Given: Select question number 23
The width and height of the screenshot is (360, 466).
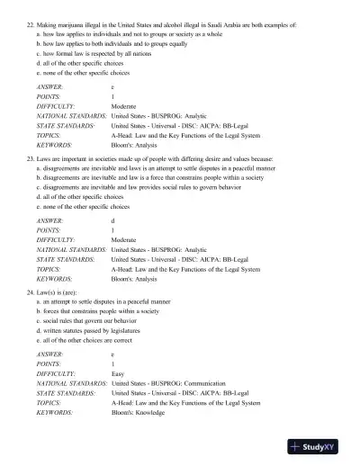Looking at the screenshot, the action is click(x=30, y=157).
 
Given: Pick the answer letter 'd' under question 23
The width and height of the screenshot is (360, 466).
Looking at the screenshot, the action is click(x=112, y=220).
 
